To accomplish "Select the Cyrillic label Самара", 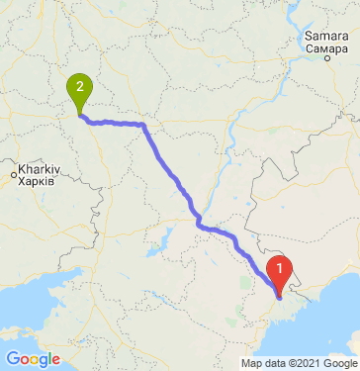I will pos(325,47).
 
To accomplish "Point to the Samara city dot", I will pos(326,58).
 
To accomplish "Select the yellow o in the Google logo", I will pos(35,359).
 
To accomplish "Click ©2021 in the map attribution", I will pos(305,363).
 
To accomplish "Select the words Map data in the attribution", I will pos(268,363).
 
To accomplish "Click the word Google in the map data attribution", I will pos(338,363).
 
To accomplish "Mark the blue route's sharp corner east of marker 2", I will pos(144,126).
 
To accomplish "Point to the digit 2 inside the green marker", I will pos(79,86).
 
